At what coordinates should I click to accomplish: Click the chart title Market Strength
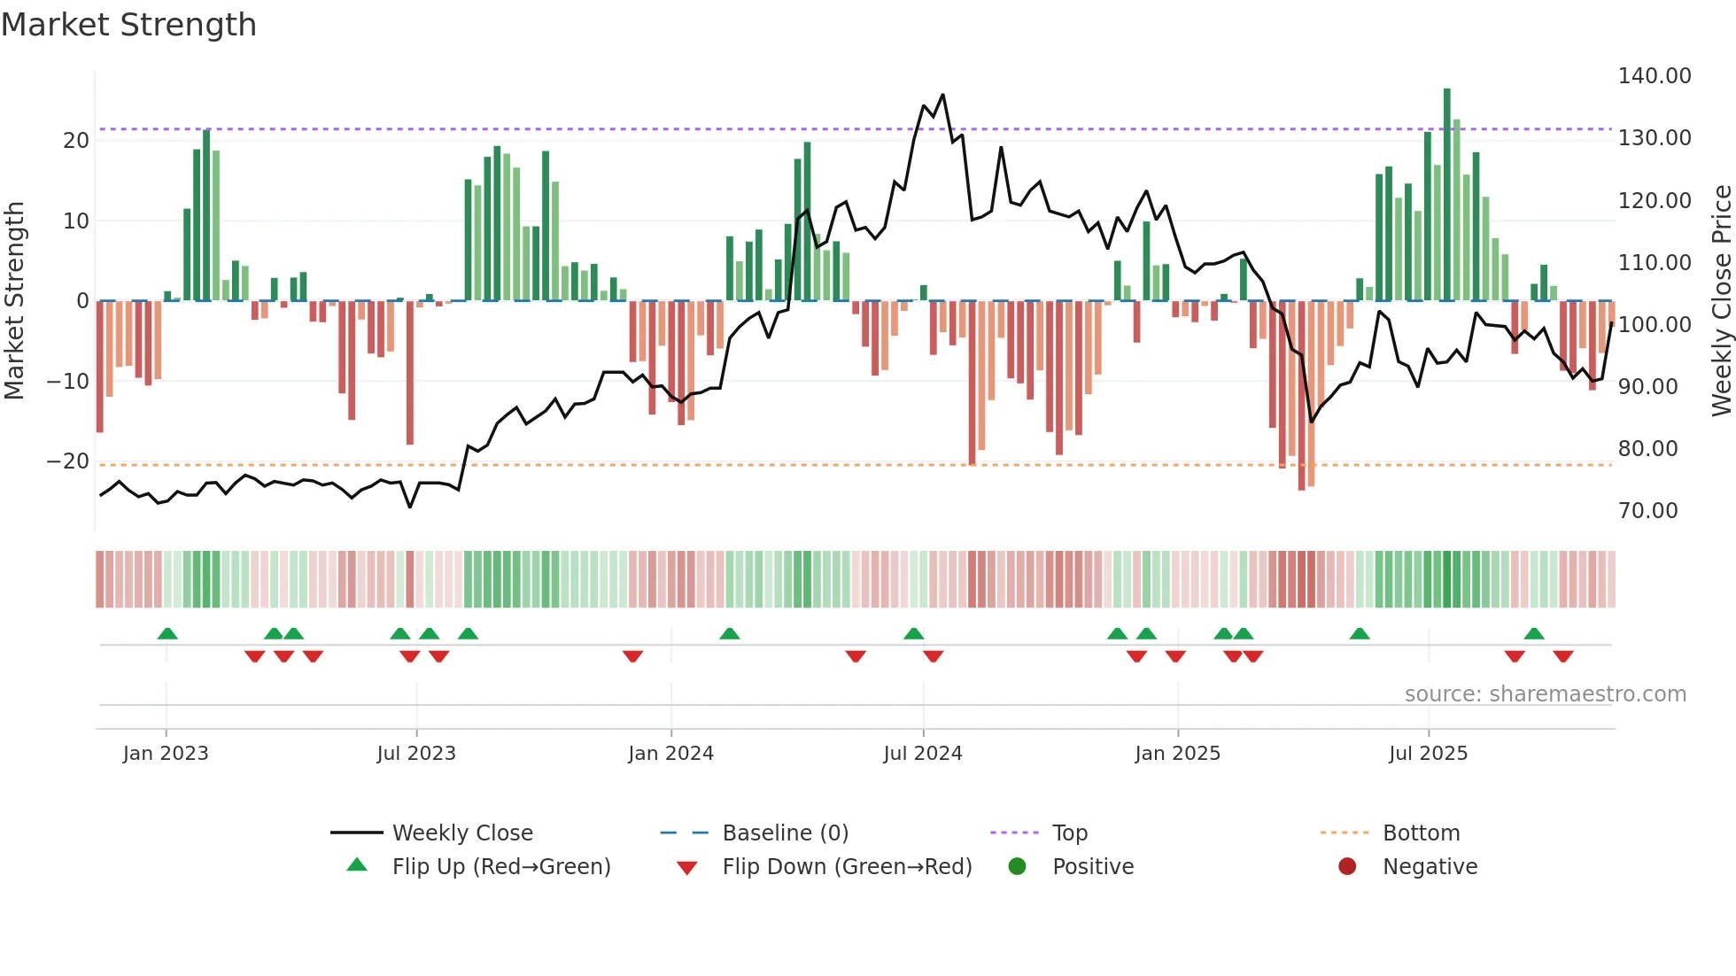click(x=128, y=25)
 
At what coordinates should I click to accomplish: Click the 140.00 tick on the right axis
click(x=1654, y=76)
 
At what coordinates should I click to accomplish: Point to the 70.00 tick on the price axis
click(x=1647, y=511)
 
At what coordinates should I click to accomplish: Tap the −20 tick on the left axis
click(x=67, y=461)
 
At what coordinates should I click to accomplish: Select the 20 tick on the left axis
click(x=76, y=141)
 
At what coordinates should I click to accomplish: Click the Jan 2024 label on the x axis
click(x=670, y=754)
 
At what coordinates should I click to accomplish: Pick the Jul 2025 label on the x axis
click(x=1428, y=754)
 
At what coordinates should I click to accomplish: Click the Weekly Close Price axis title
click(x=1721, y=301)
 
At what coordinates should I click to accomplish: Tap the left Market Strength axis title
click(x=14, y=301)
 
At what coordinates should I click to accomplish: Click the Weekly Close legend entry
click(x=461, y=833)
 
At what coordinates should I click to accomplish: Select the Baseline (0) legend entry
click(x=785, y=833)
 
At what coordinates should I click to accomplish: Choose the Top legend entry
click(x=1069, y=833)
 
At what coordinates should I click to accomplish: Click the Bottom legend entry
click(x=1421, y=833)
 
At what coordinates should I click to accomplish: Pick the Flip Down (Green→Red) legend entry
click(x=846, y=867)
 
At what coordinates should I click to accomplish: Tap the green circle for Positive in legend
click(x=1017, y=867)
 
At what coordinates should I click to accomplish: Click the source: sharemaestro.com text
click(x=1545, y=694)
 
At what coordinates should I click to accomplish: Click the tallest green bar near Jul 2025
click(x=1446, y=195)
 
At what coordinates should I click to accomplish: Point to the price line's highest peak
click(x=942, y=95)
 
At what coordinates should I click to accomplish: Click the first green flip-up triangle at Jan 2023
click(x=167, y=633)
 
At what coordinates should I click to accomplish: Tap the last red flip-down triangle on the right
click(x=1562, y=656)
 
